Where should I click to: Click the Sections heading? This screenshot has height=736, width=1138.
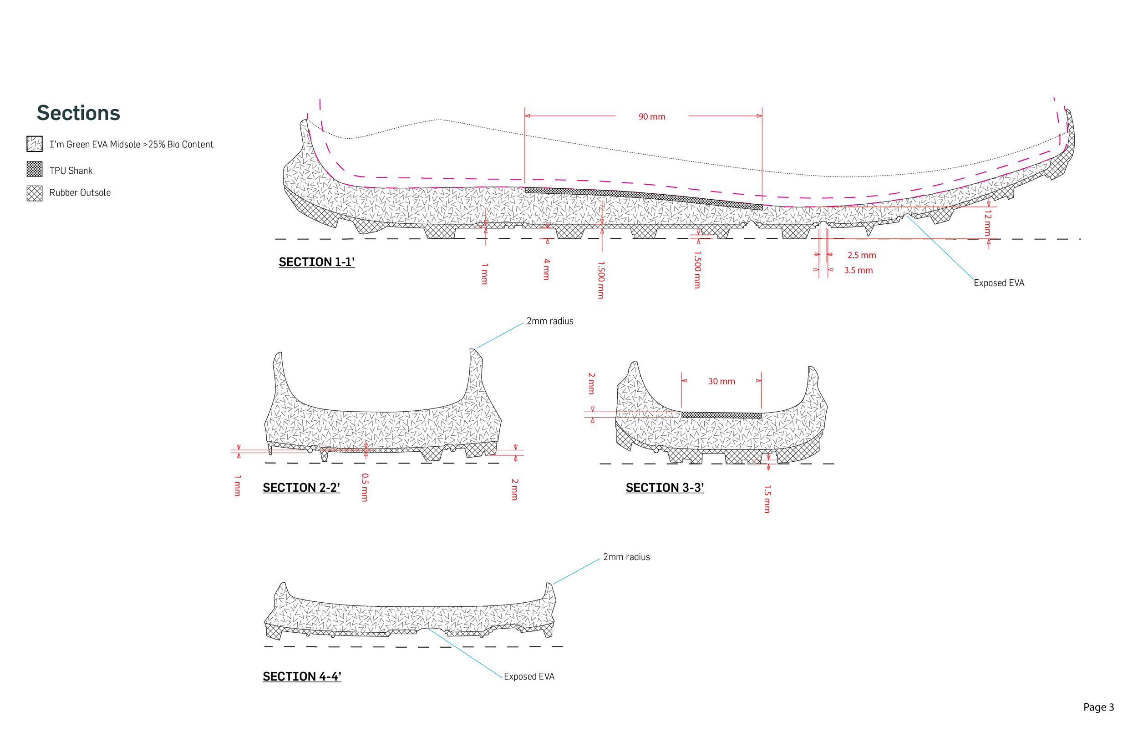pyautogui.click(x=78, y=113)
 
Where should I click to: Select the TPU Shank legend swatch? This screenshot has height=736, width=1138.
pyautogui.click(x=35, y=169)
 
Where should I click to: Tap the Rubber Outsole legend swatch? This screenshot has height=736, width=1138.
pyautogui.click(x=35, y=193)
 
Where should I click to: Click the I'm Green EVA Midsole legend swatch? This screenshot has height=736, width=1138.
pyautogui.click(x=35, y=144)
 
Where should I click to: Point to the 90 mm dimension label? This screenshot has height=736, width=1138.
pyautogui.click(x=652, y=116)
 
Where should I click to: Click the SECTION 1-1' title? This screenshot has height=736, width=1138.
pyautogui.click(x=316, y=262)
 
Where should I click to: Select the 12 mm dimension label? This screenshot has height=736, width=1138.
pyautogui.click(x=988, y=223)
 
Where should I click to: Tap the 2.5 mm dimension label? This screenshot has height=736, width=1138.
pyautogui.click(x=862, y=255)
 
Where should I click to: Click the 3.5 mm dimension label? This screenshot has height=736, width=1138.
pyautogui.click(x=859, y=271)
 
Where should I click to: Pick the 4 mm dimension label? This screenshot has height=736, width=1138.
pyautogui.click(x=547, y=269)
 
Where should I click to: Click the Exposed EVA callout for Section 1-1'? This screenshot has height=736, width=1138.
pyautogui.click(x=999, y=283)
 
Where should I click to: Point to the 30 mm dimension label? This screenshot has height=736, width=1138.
pyautogui.click(x=721, y=381)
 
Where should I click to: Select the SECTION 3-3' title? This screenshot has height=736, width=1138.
pyautogui.click(x=665, y=488)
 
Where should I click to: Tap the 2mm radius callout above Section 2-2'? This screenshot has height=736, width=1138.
pyautogui.click(x=550, y=321)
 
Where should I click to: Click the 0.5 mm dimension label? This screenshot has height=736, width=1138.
pyautogui.click(x=365, y=487)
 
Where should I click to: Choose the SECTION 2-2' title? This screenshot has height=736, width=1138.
pyautogui.click(x=301, y=488)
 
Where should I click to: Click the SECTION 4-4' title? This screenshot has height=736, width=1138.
pyautogui.click(x=302, y=676)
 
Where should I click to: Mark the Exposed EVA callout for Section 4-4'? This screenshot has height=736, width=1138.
pyautogui.click(x=529, y=676)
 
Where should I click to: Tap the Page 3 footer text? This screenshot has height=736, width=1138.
pyautogui.click(x=1098, y=707)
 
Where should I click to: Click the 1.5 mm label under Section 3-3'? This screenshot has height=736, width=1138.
pyautogui.click(x=767, y=499)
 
